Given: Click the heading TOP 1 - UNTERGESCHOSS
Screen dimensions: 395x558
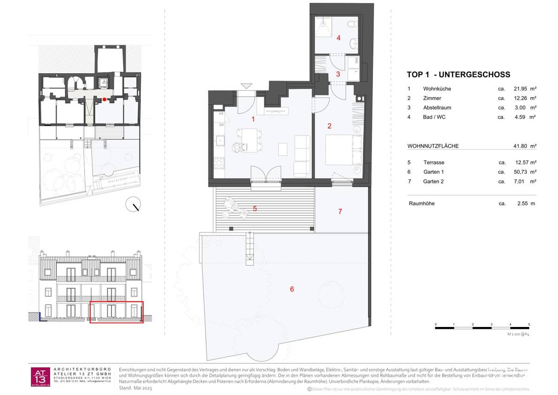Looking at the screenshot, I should click(458, 75).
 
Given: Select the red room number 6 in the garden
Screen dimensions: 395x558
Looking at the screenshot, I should click(292, 289).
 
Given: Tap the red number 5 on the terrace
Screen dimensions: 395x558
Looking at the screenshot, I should click(255, 209).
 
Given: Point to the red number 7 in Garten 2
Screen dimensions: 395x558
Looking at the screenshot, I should click(340, 211).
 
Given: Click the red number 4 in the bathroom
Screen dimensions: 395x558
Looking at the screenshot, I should click(339, 38).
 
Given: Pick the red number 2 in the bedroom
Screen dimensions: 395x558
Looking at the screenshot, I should click(329, 125).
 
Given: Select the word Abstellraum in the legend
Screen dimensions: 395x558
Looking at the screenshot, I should click(437, 108).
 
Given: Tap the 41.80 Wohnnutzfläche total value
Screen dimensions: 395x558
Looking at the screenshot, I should click(520, 146).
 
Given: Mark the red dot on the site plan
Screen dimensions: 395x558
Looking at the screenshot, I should click(105, 99).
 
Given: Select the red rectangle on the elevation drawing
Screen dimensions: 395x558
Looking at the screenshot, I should click(116, 312).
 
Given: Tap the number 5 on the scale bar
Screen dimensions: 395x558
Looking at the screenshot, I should click(529, 324).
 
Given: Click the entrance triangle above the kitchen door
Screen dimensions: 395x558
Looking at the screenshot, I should click(246, 86).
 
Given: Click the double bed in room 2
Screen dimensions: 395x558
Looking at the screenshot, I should click(343, 149).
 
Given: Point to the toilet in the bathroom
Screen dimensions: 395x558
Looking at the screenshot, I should click(351, 24).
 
